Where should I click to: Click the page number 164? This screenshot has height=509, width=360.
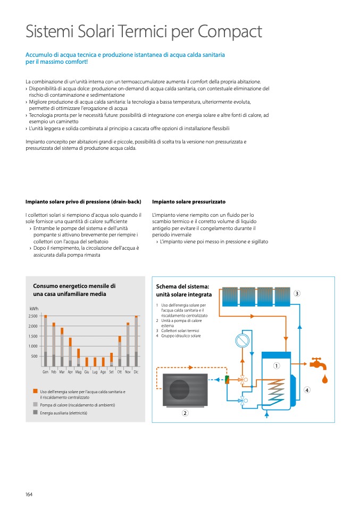29,495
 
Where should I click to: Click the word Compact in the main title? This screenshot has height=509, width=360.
230,32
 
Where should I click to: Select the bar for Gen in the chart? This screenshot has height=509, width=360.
46,341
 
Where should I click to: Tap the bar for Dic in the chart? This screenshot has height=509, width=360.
136,341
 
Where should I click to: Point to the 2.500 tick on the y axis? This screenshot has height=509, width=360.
33,316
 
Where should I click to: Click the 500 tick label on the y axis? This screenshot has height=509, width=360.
35,356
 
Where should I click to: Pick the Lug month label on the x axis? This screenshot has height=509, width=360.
95,372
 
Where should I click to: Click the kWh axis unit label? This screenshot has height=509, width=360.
34,308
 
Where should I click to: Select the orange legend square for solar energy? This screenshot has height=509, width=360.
35,392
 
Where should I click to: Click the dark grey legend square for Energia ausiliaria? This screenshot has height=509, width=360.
35,412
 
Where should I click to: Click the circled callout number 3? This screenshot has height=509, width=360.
297,293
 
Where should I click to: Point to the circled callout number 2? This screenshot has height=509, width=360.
185,413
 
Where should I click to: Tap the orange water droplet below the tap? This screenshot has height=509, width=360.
325,379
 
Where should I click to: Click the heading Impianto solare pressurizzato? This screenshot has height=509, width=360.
188,202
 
